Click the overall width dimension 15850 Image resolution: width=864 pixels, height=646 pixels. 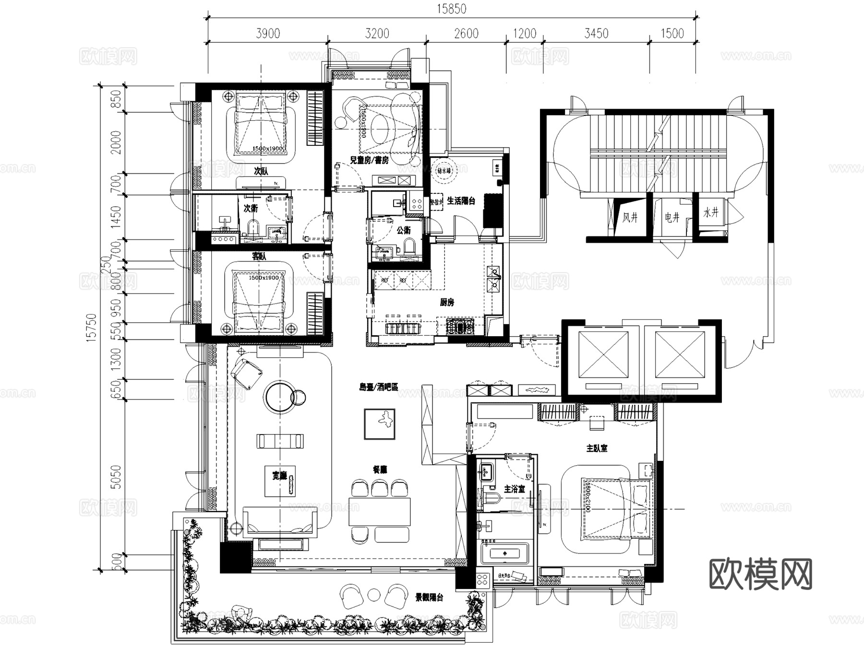tap(451, 9)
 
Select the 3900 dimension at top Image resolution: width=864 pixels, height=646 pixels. tap(268, 34)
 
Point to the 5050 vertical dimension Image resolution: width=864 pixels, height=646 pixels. tap(116, 477)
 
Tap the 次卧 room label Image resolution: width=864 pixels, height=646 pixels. tap(261, 171)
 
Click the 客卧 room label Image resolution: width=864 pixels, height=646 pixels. tap(259, 257)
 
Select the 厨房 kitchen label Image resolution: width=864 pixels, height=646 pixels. tap(446, 303)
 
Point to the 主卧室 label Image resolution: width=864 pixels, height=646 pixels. tap(597, 448)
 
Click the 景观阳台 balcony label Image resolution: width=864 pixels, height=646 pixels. tap(429, 598)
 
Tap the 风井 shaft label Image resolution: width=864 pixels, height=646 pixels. tap(630, 218)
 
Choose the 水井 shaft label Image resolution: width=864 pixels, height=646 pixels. tap(711, 212)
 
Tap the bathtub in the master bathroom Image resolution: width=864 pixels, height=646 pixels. tap(504, 554)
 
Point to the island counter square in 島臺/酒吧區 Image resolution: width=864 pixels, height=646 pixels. tap(380, 424)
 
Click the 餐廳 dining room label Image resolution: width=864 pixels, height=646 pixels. tap(380, 470)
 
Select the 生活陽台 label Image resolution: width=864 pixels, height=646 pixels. tap(461, 201)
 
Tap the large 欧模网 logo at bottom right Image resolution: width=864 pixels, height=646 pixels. tap(760, 574)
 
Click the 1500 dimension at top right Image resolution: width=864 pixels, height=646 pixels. tap(672, 34)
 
